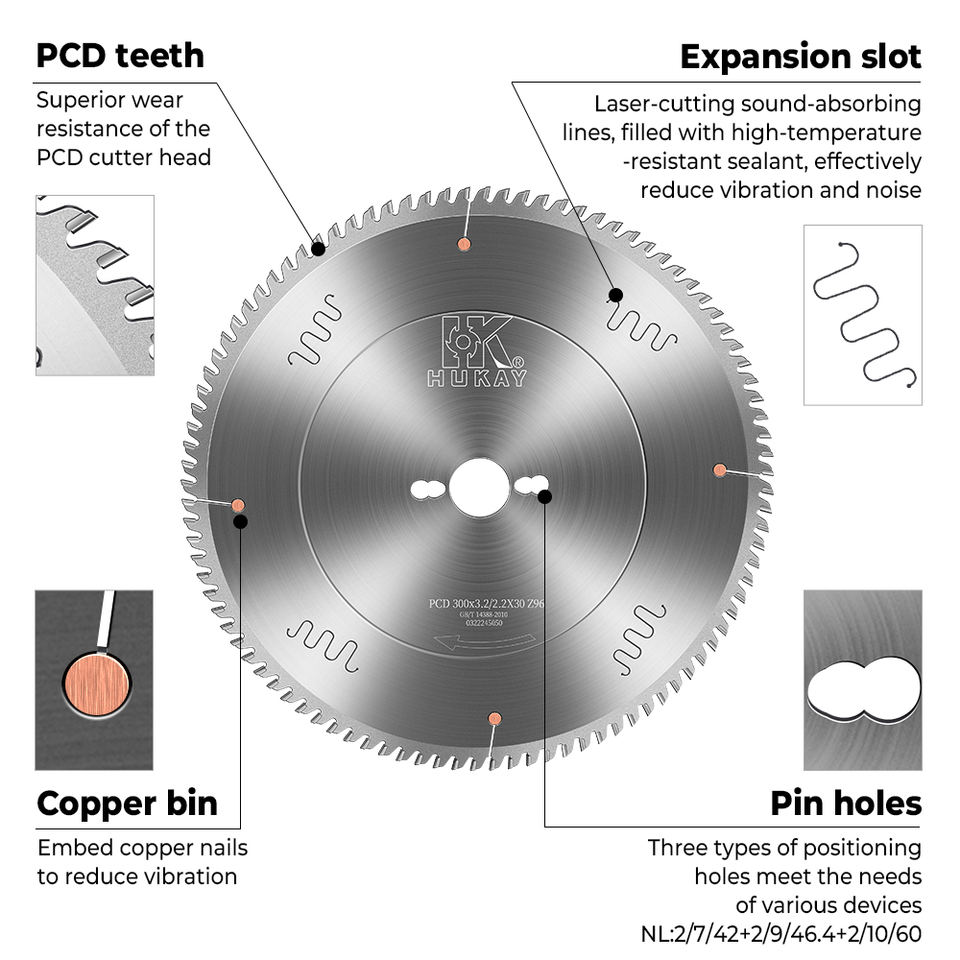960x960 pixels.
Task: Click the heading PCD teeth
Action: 120,55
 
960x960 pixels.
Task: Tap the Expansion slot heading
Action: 800,56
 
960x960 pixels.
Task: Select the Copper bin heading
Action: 127,803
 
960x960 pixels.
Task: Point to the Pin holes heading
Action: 845,803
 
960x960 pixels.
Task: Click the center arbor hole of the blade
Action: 477,489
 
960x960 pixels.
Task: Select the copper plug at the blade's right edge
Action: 719,470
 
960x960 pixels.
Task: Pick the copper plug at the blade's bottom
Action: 494,718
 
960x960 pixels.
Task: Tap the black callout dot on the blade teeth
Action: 318,248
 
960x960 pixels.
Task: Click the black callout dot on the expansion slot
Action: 616,295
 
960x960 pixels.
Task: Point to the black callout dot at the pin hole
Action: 544,496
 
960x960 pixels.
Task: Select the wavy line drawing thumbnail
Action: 863,314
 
